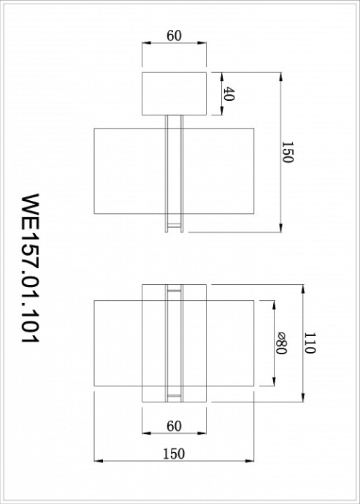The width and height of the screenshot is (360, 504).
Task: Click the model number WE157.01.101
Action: (30, 268)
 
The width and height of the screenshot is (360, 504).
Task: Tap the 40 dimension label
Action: (229, 93)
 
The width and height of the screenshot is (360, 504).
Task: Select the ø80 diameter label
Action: (281, 343)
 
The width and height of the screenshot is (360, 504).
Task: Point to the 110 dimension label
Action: (310, 343)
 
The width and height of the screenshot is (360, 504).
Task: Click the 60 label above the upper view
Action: (174, 36)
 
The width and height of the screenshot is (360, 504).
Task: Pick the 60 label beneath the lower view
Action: (174, 426)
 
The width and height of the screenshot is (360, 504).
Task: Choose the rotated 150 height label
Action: (287, 152)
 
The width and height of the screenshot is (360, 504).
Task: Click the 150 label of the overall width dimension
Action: (174, 454)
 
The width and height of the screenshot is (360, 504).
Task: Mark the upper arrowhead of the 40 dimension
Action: (221, 77)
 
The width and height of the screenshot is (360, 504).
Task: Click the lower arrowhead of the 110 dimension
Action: (303, 397)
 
